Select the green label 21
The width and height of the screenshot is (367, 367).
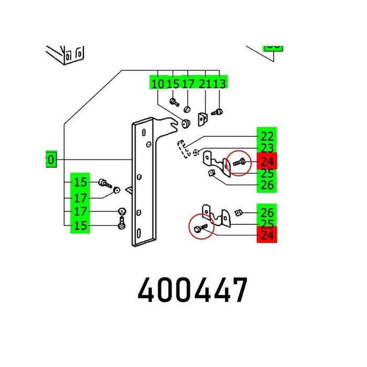205,83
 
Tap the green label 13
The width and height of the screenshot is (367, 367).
220,83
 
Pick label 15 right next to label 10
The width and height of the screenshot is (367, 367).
173,83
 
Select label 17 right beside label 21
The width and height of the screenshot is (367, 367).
189,83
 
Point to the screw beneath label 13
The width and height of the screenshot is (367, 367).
218,111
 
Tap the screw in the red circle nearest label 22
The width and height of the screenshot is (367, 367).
239,163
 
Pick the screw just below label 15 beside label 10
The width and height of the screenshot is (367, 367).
173,101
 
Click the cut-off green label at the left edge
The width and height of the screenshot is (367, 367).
50,159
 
